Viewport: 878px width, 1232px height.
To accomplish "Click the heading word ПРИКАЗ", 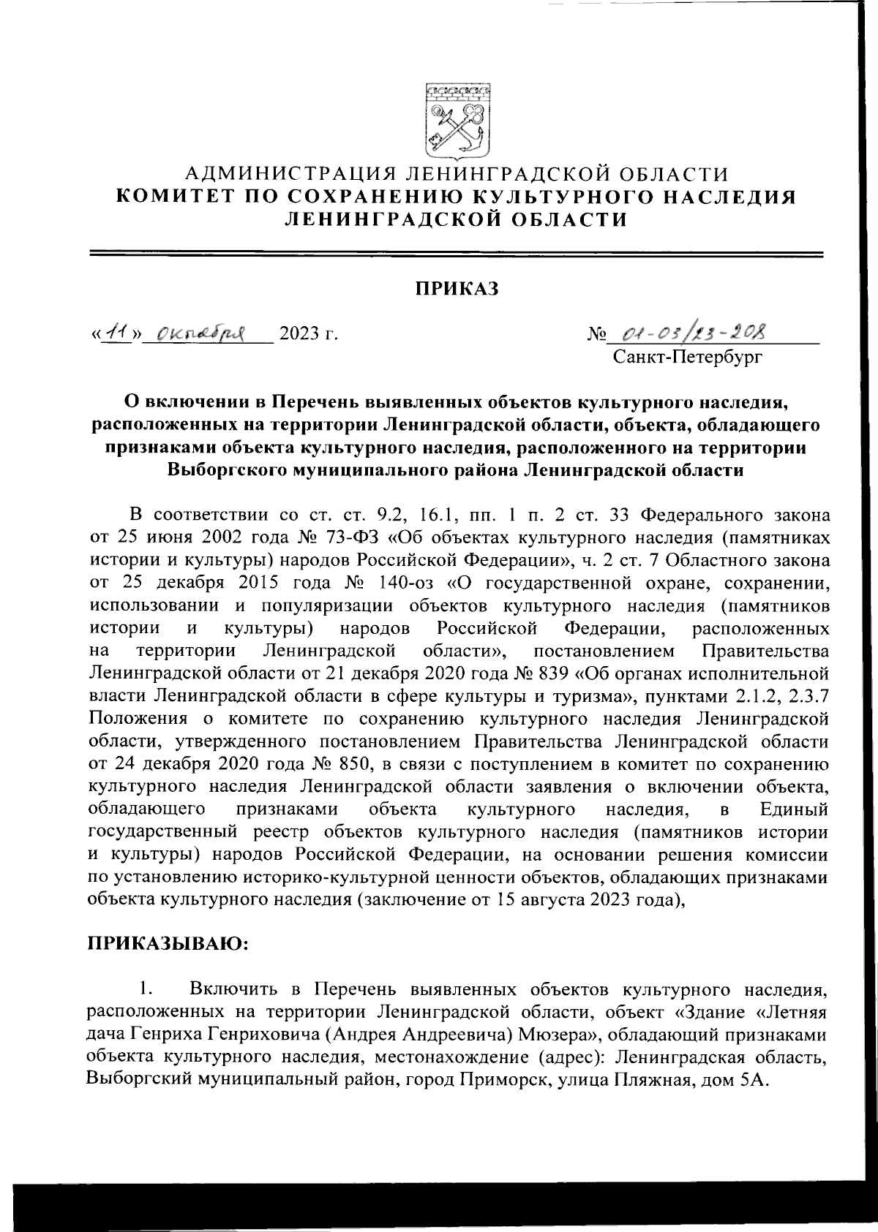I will pos(457,289).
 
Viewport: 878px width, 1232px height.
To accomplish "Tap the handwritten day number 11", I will pos(113,333).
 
